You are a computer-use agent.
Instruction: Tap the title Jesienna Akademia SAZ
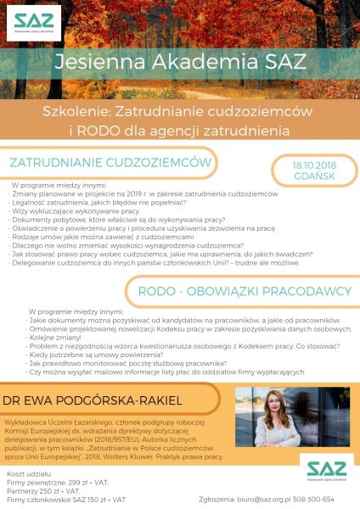[180, 62]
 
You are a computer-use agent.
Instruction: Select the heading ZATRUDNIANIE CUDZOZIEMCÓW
[110, 161]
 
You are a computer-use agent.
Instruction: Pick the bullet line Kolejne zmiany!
[52, 338]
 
